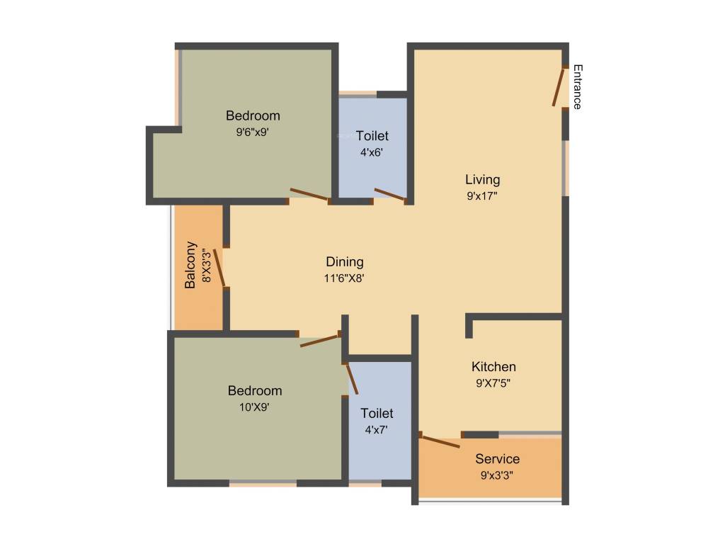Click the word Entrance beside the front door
577,87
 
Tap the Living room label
482,179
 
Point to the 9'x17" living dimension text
482,196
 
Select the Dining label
344,262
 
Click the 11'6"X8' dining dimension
344,278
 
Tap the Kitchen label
493,367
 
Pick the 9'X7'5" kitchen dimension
493,383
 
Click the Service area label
497,459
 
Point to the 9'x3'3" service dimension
496,475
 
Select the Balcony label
190,265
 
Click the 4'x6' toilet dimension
372,152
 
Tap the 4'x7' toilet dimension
376,429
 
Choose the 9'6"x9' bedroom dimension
253,132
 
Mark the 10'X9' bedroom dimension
254,407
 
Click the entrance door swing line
559,87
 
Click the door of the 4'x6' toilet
389,195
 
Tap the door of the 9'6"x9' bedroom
309,194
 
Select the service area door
440,440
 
